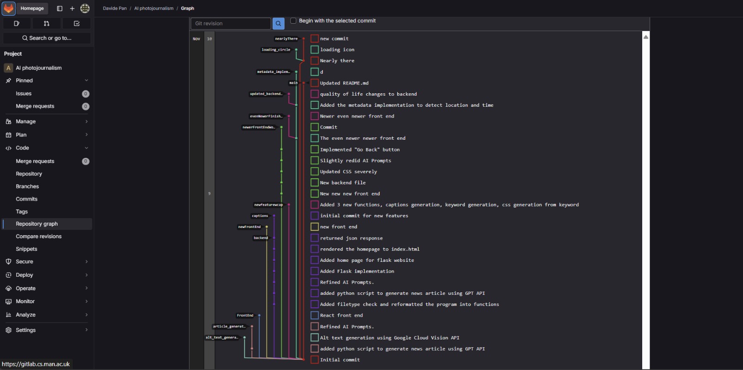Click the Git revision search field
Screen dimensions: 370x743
[x=230, y=24]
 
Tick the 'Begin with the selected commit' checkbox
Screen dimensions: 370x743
[x=293, y=20]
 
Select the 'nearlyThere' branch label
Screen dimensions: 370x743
[x=286, y=39]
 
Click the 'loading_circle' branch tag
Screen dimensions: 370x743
[x=276, y=50]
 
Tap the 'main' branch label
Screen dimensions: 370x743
[x=293, y=83]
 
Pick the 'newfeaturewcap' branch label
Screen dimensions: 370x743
[x=268, y=205]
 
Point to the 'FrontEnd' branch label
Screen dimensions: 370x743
[x=245, y=316]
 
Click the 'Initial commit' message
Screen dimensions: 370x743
[x=339, y=360]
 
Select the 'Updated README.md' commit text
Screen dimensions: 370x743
[x=344, y=83]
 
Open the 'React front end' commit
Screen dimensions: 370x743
[x=341, y=316]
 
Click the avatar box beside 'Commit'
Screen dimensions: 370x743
[x=315, y=127]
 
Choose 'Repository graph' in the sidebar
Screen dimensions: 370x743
[x=37, y=224]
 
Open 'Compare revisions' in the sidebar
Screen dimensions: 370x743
[x=39, y=236]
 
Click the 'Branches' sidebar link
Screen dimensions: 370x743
[x=27, y=186]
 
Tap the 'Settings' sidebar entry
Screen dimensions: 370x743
[x=26, y=330]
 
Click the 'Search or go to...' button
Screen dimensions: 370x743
[x=47, y=38]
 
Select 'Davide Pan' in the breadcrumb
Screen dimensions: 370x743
[x=115, y=8]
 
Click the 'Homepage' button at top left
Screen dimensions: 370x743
[x=32, y=8]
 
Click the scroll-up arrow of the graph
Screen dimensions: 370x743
[x=646, y=37]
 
